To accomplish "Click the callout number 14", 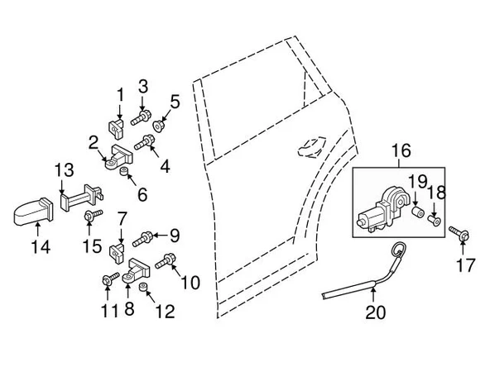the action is (41, 247).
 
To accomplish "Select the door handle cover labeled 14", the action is (33, 212).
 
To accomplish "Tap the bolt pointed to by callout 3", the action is (141, 117).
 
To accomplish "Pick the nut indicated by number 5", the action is (159, 125).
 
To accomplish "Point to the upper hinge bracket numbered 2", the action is (118, 157).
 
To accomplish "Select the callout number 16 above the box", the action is (401, 150).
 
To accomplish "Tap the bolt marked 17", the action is (459, 233).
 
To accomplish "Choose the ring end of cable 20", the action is (398, 250).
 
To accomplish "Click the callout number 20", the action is (376, 312).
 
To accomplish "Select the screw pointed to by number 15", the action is (93, 216).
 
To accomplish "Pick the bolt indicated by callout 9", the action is (142, 240).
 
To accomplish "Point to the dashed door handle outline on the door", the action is (311, 146).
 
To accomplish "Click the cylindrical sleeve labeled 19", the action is (417, 212).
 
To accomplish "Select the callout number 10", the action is (190, 283).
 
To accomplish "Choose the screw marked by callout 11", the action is (111, 279).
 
